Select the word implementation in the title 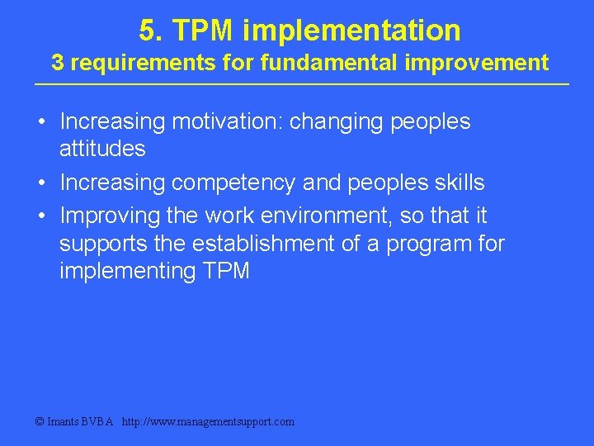coord(351,31)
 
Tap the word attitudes coord(102,149)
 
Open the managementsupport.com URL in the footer coord(207,421)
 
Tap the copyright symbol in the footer coord(40,421)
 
